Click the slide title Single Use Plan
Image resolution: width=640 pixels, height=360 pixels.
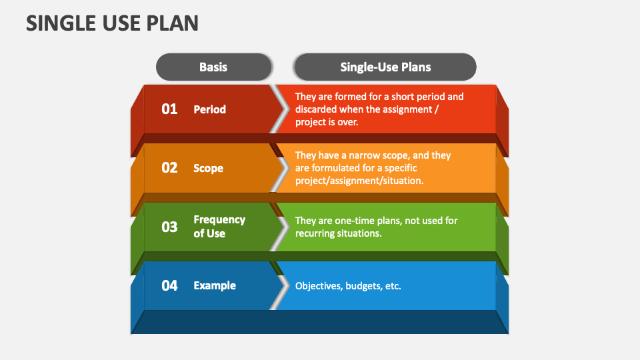click(x=112, y=23)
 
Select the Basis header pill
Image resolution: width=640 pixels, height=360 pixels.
click(x=213, y=67)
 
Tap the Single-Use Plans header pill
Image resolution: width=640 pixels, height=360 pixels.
click(x=385, y=67)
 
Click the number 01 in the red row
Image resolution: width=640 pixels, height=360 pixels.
click(x=169, y=109)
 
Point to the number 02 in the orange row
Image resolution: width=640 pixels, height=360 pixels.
click(x=169, y=168)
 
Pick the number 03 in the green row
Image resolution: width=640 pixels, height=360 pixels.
click(x=169, y=227)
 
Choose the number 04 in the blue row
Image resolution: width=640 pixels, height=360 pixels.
click(x=169, y=285)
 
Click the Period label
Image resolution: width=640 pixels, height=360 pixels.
click(x=209, y=109)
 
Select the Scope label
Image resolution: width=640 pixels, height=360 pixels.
click(x=208, y=168)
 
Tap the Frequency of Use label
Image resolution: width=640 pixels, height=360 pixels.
click(x=219, y=227)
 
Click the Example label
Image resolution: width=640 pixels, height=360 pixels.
click(x=215, y=285)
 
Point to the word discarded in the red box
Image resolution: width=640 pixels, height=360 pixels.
click(x=317, y=109)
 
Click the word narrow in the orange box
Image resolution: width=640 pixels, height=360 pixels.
click(x=361, y=155)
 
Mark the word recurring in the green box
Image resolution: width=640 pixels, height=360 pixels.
click(x=317, y=234)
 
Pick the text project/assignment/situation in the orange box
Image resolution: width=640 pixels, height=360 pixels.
click(x=359, y=181)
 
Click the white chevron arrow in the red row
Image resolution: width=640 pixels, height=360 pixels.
click(x=279, y=109)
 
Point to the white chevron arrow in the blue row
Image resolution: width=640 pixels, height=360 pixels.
click(x=279, y=285)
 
